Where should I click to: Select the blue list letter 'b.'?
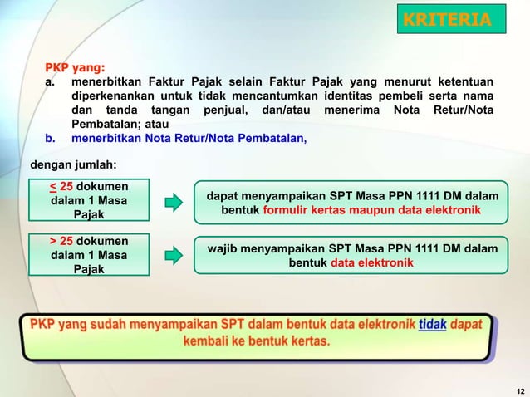(x=50, y=139)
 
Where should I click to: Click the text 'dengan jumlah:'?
(x=73, y=164)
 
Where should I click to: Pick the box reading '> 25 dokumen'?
(x=89, y=255)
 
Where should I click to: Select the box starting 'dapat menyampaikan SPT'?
(x=351, y=203)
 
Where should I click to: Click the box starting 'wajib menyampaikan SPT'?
(x=351, y=255)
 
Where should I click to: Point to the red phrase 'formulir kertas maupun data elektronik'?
(x=372, y=211)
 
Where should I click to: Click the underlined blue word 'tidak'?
(x=432, y=324)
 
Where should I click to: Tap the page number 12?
(x=520, y=390)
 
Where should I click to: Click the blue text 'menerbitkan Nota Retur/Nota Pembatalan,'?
(x=189, y=139)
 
